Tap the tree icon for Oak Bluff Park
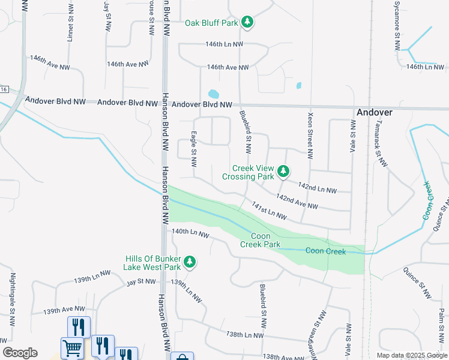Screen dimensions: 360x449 [247, 23]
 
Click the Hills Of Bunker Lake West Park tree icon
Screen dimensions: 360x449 [190, 262]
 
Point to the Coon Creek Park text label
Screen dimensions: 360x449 [261, 240]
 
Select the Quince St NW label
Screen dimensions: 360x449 [417, 283]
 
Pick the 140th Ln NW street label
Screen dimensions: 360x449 [190, 233]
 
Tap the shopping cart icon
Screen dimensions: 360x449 [73, 347]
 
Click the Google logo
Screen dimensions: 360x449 [20, 353]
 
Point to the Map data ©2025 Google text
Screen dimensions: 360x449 [411, 355]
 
